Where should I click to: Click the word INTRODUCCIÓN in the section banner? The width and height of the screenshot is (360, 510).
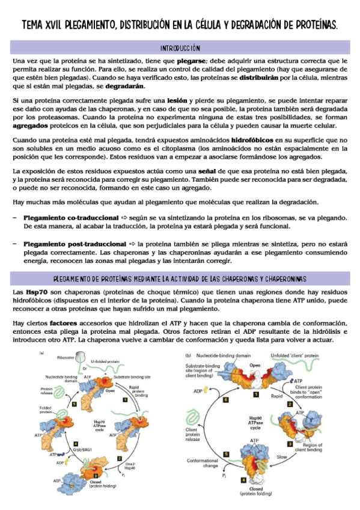click(180, 48)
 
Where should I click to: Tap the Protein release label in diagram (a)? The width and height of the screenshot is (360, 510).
click(51, 391)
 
